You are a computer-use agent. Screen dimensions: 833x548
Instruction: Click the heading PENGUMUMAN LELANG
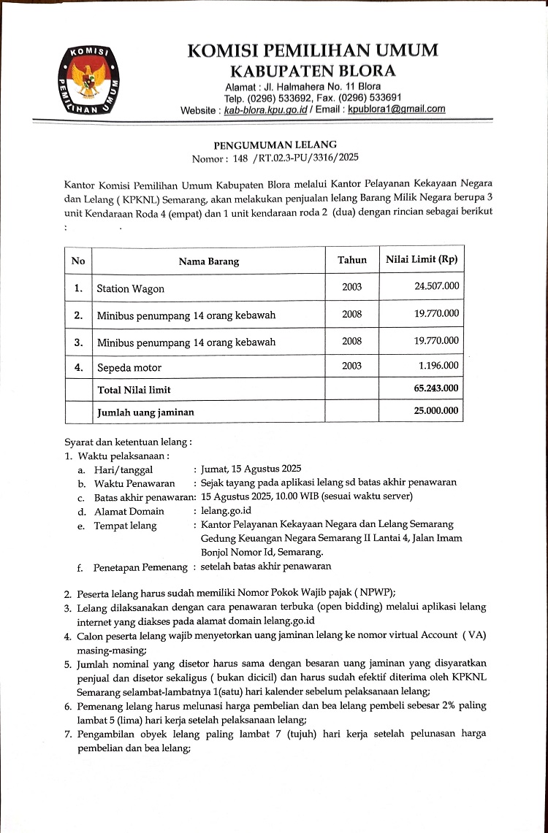click(x=275, y=145)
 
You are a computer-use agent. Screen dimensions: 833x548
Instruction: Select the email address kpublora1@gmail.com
click(x=396, y=109)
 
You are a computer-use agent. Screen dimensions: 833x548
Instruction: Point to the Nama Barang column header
click(x=208, y=261)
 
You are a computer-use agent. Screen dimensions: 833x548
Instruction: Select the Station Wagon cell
click(x=131, y=288)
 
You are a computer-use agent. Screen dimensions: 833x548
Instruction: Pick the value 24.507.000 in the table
click(x=436, y=285)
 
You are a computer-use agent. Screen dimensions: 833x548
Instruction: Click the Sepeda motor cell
click(x=129, y=367)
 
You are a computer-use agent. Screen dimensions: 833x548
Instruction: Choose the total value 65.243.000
click(x=436, y=389)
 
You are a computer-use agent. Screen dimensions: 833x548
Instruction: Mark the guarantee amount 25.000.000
click(x=436, y=411)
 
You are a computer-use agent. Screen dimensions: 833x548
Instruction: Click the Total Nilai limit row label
click(x=134, y=390)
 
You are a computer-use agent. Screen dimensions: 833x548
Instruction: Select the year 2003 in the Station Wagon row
click(x=351, y=287)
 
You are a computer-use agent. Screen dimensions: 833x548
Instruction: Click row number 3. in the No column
click(x=78, y=341)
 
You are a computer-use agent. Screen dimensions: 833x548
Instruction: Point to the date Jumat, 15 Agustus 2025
click(x=251, y=469)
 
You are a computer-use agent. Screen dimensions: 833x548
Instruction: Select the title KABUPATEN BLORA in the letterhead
click(x=313, y=71)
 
